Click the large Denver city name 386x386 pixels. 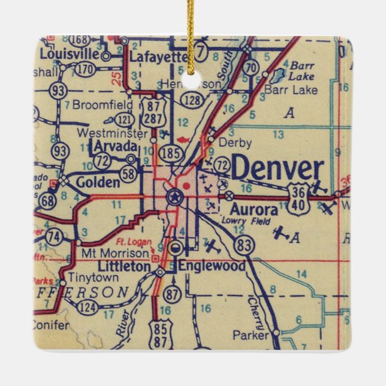tap(278, 169)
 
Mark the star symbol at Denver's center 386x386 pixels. tap(174, 196)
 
